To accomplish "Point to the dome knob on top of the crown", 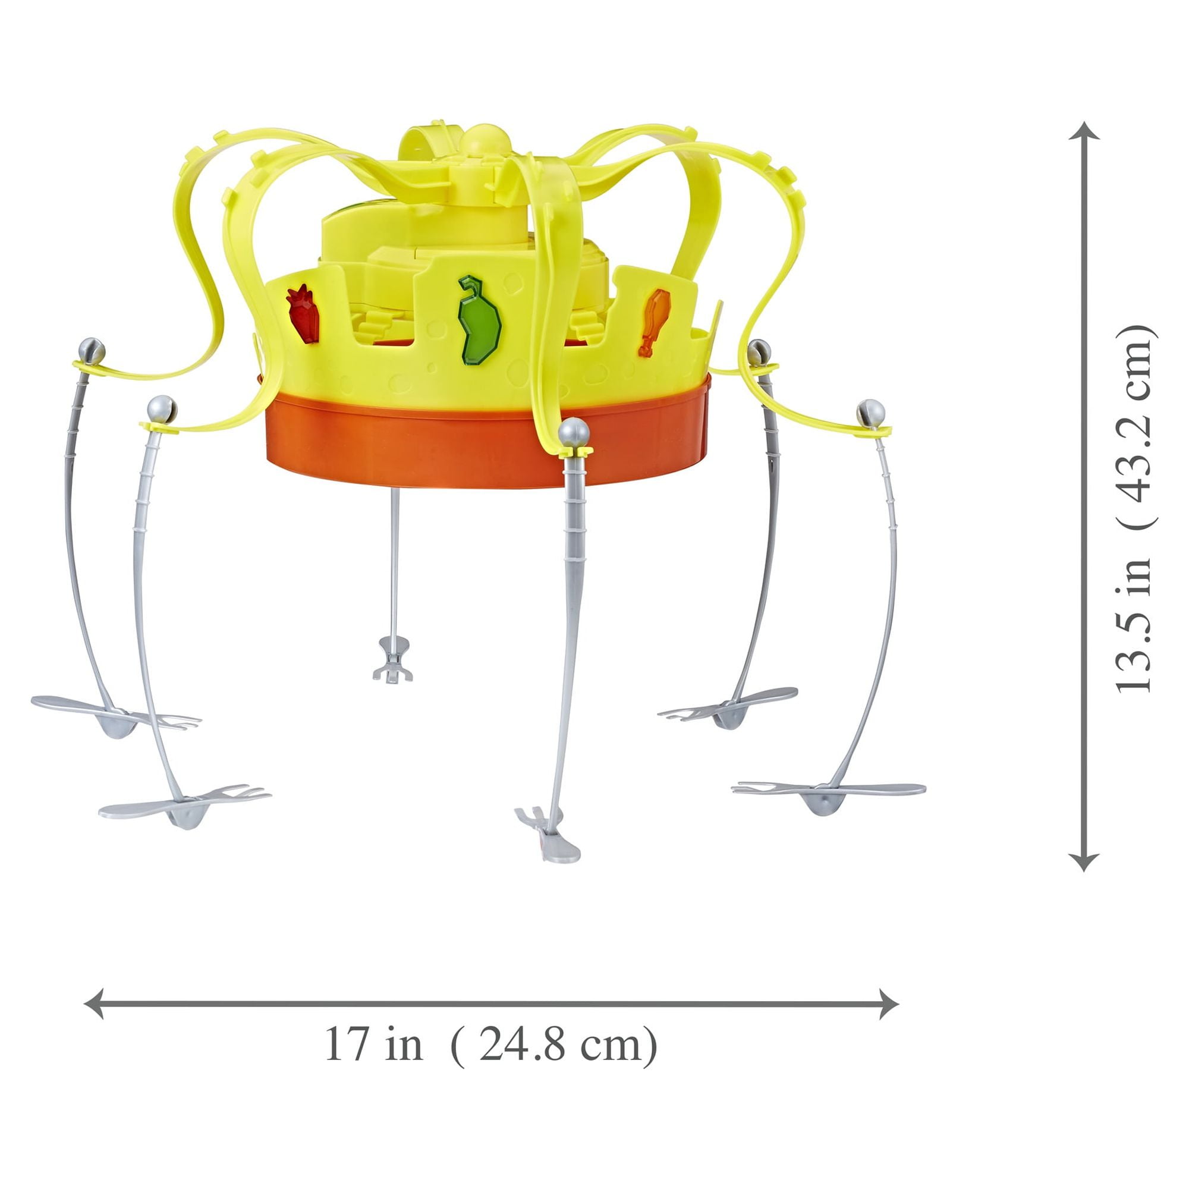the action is click(x=486, y=139).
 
